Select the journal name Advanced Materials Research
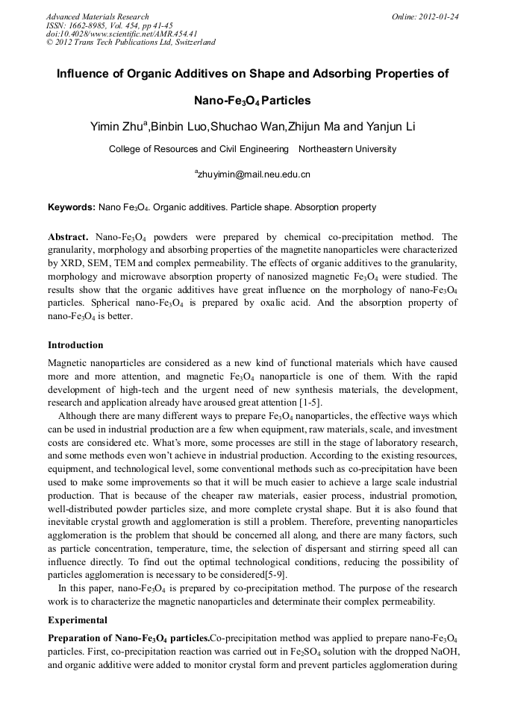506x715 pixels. (x=98, y=16)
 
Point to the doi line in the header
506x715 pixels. (x=122, y=34)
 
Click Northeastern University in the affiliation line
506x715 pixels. (x=347, y=149)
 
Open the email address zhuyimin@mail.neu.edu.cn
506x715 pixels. (x=253, y=174)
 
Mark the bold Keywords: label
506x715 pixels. (x=72, y=207)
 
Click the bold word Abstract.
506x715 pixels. (x=69, y=236)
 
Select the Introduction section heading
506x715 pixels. (x=75, y=345)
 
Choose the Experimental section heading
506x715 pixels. (x=78, y=620)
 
